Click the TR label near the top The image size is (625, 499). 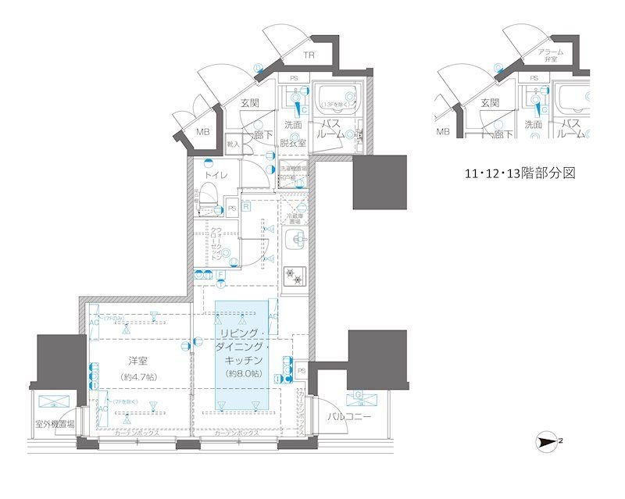click(310, 55)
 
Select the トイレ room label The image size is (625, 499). click(216, 176)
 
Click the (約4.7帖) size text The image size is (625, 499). click(140, 376)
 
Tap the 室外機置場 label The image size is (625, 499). click(55, 425)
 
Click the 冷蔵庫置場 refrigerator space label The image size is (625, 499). click(295, 218)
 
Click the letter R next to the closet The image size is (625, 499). click(245, 208)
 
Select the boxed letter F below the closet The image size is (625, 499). click(221, 274)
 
